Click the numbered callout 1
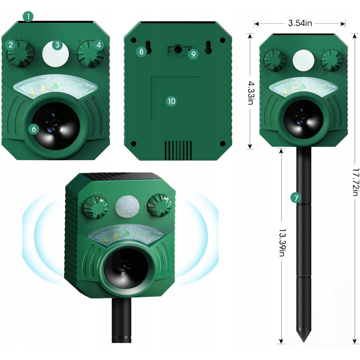28,17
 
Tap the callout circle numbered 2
10,45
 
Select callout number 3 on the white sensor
58,45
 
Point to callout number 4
99,45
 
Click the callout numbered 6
34,129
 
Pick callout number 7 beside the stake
296,198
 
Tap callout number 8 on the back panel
141,51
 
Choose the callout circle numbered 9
193,54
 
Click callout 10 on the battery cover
171,101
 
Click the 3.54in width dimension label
300,23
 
